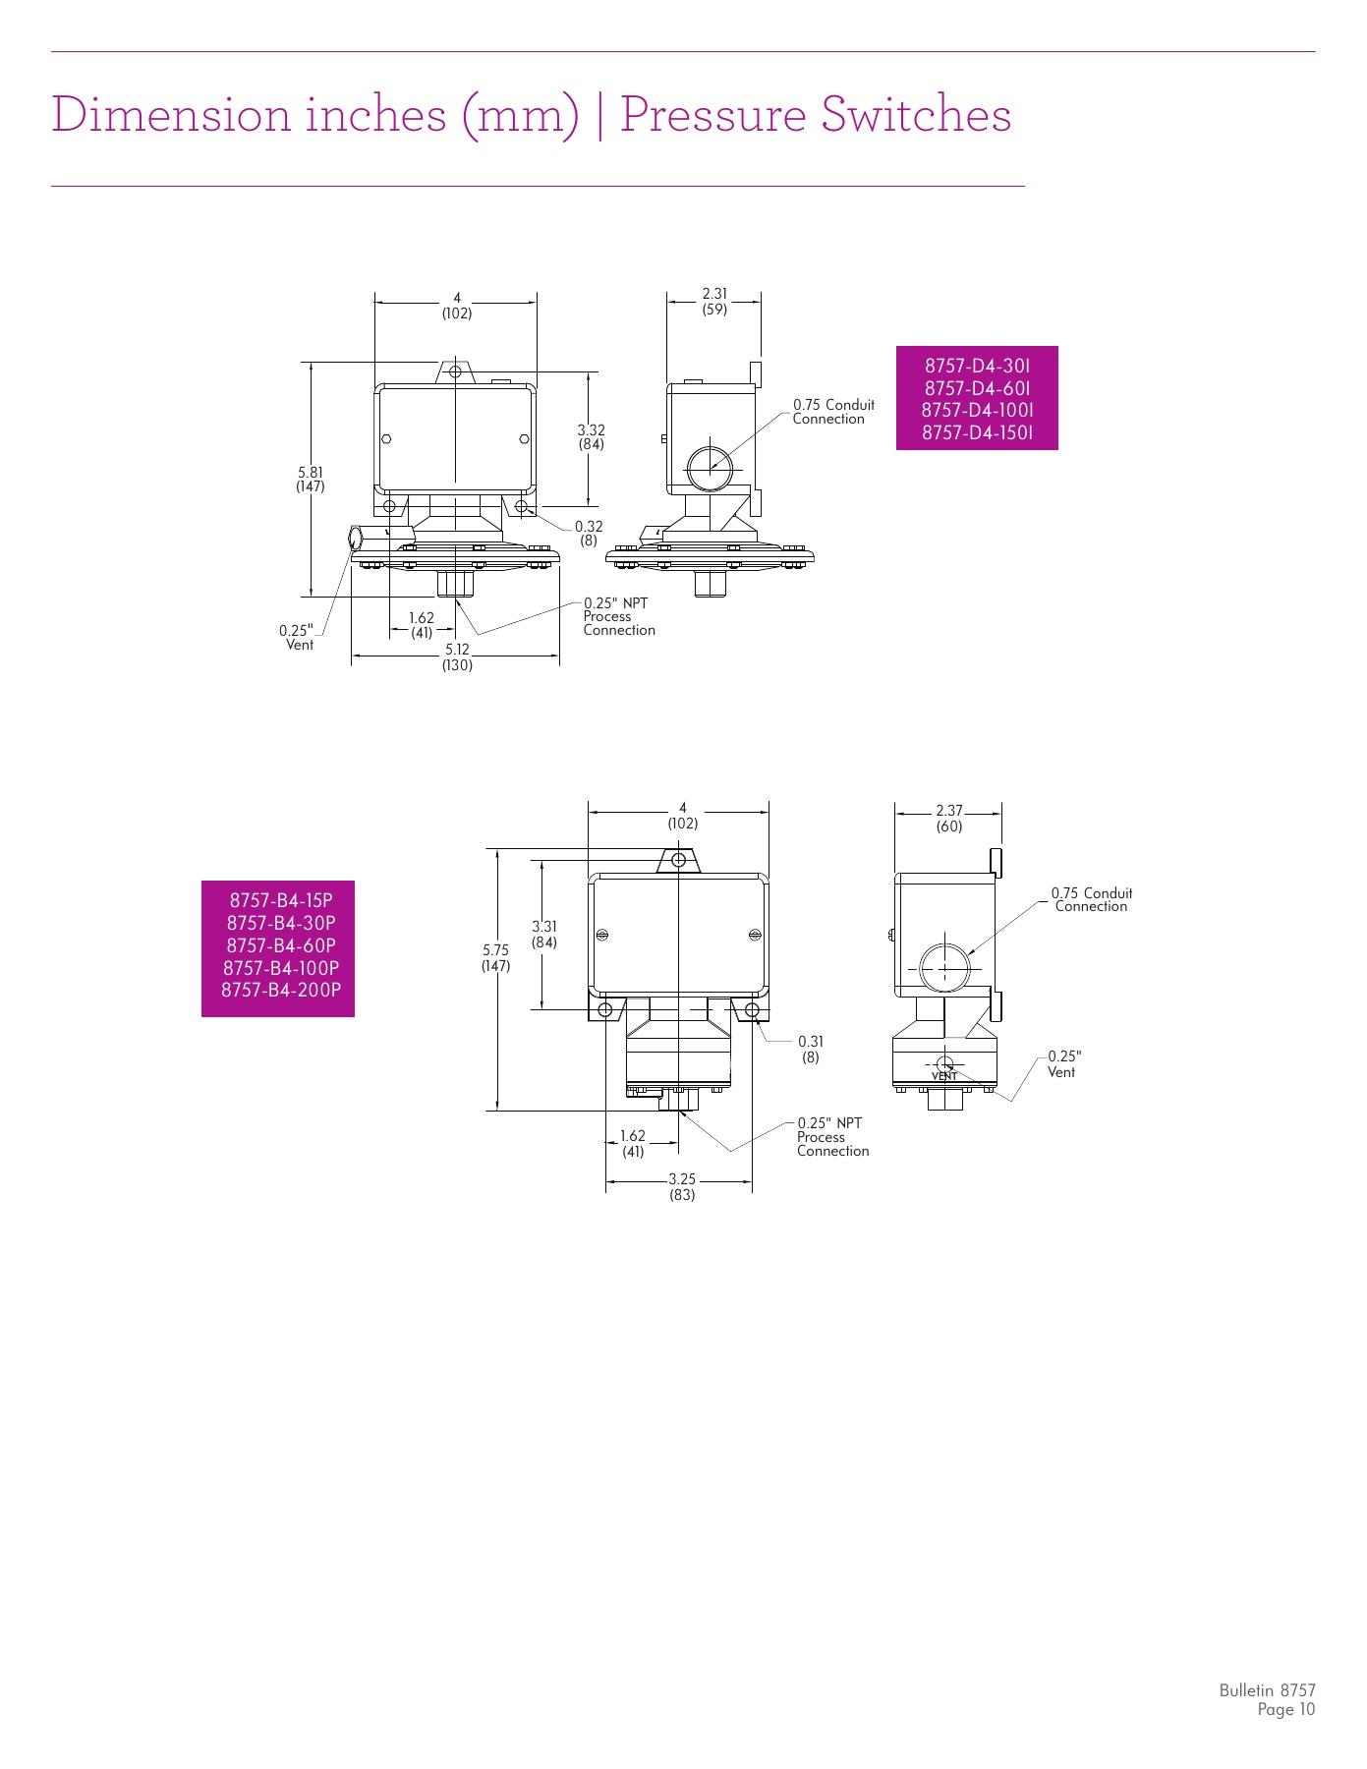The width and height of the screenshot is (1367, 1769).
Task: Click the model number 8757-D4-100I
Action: point(977,410)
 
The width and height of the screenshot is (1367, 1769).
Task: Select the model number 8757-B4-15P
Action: point(281,900)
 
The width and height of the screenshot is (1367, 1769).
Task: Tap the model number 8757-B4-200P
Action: point(281,990)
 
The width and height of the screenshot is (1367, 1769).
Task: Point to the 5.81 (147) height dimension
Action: point(311,480)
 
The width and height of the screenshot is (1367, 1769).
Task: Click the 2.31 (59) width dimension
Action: point(714,301)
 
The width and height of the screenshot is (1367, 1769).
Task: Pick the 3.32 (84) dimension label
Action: point(591,436)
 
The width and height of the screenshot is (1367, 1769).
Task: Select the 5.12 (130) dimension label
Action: point(457,656)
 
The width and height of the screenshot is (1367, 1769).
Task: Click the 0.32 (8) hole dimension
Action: point(589,534)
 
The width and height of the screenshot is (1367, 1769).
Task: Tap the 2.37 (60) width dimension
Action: point(949,818)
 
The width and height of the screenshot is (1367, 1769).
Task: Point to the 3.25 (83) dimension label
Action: point(682,1186)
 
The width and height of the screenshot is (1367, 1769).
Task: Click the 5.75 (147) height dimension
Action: point(495,957)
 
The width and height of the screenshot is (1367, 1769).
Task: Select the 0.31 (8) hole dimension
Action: point(811,1049)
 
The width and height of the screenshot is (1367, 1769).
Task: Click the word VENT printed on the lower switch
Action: point(944,1076)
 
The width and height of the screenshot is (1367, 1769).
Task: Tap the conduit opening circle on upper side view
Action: point(710,468)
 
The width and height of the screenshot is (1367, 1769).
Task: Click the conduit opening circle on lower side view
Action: point(944,969)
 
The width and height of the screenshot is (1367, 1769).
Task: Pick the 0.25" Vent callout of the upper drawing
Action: point(297,637)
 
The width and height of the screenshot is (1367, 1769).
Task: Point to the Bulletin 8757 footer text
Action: point(1267,1690)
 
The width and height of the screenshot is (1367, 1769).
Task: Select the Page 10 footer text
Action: point(1285,1710)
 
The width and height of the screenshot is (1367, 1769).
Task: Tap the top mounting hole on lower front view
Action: point(678,860)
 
